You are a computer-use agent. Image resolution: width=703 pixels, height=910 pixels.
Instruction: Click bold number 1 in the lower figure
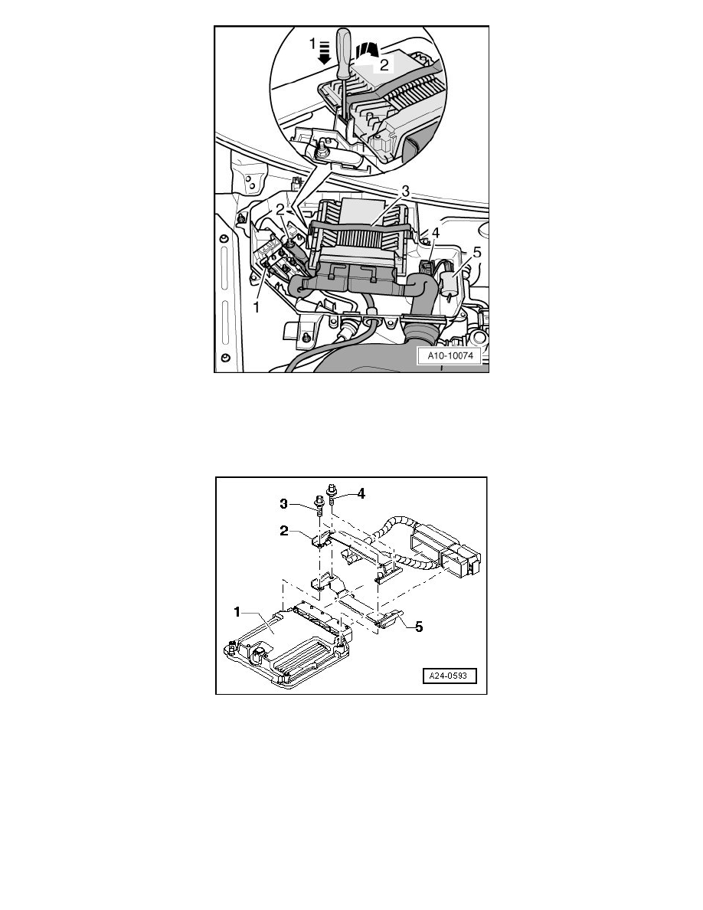coord(237,611)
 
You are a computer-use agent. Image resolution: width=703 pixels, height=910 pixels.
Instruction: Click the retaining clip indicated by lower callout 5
coord(386,619)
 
